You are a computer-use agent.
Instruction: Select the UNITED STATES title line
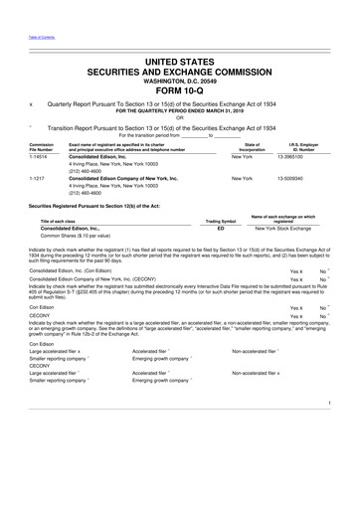pyautogui.click(x=180, y=63)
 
